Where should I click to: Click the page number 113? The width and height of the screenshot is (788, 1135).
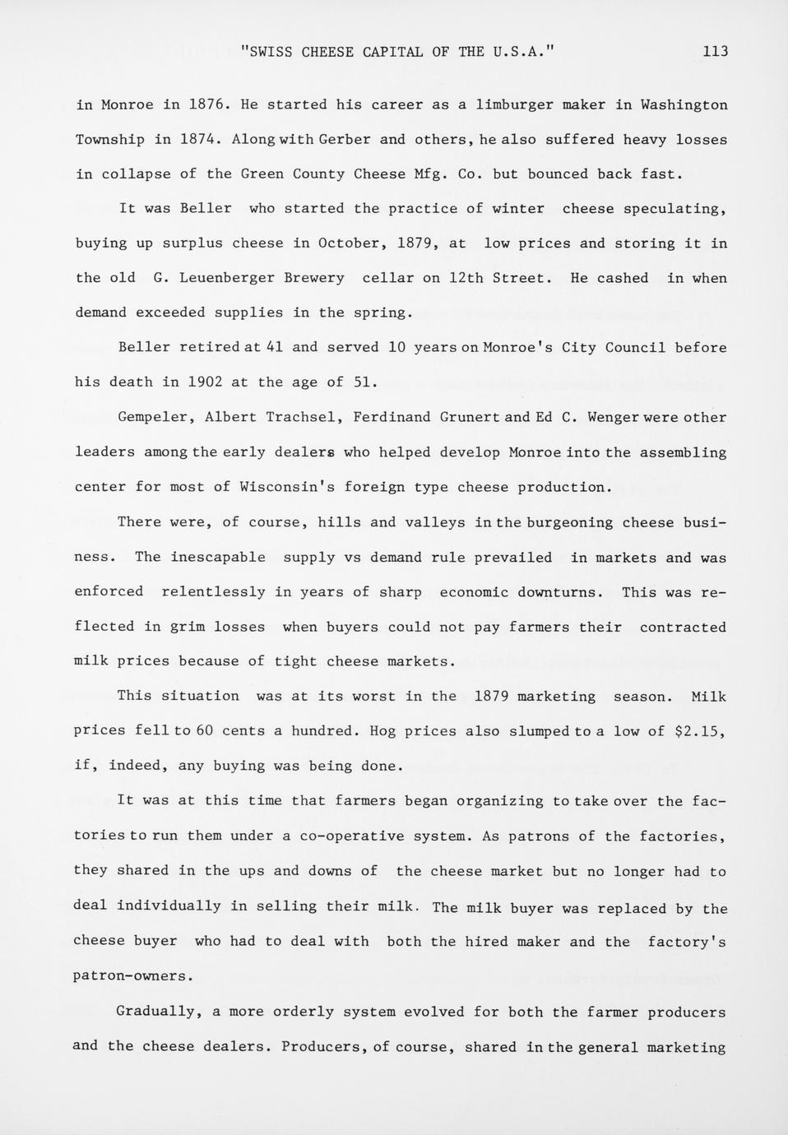716,51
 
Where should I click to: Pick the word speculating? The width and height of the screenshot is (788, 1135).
674,208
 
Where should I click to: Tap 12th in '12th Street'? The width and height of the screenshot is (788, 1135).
466,278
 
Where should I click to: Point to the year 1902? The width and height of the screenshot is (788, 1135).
206,382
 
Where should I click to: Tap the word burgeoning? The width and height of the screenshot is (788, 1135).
570,522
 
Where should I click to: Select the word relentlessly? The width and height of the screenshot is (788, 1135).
213,591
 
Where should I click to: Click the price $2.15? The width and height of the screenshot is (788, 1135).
700,730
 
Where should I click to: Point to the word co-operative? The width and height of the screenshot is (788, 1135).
351,836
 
